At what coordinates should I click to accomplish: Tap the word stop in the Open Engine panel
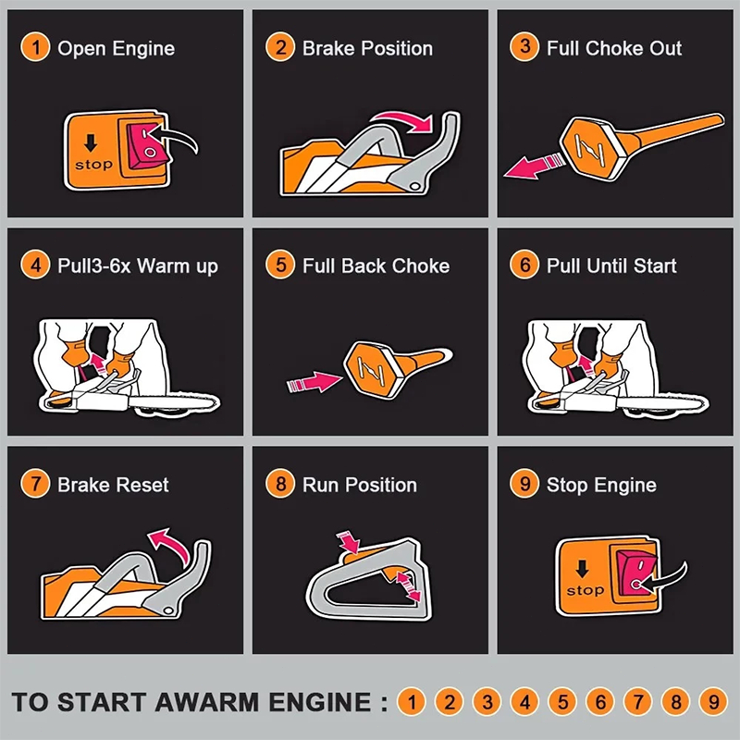(94, 165)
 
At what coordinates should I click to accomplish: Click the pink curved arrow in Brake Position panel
(402, 121)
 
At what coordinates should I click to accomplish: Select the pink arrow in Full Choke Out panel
(534, 166)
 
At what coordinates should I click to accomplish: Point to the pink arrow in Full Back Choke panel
(314, 382)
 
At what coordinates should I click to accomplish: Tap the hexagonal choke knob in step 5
(376, 369)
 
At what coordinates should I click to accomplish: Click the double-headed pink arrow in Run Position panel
(408, 586)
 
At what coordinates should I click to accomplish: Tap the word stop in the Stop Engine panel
(586, 590)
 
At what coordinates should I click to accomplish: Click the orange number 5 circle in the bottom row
(562, 702)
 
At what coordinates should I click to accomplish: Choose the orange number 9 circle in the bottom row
(713, 702)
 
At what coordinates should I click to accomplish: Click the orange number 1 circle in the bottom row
(412, 702)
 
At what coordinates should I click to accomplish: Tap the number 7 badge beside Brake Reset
(35, 484)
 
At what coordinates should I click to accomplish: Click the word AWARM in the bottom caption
(207, 702)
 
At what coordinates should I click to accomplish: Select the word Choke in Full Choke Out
(614, 48)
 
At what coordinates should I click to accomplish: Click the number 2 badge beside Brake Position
(280, 47)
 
